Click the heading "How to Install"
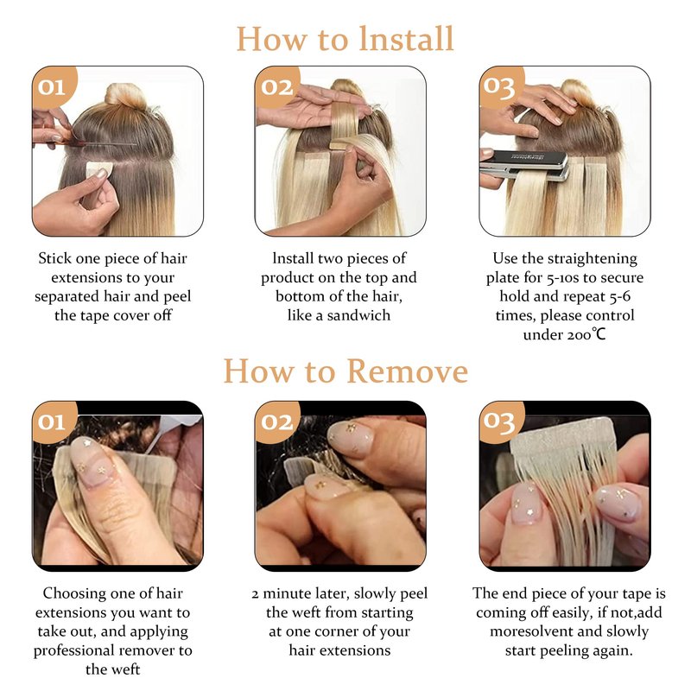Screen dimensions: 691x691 click(345, 39)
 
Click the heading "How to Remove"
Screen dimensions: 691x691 click(345, 371)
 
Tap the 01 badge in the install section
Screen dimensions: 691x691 click(53, 87)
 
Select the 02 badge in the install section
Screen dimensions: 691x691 click(276, 87)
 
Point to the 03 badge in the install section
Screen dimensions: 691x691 click(500, 87)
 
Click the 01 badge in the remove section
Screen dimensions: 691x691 click(53, 422)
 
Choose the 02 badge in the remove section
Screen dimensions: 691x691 click(276, 422)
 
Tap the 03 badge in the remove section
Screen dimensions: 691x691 click(500, 422)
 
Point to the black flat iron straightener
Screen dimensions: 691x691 click(524, 165)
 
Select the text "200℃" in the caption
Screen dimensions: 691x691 click(586, 334)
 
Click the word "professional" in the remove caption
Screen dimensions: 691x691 click(73, 651)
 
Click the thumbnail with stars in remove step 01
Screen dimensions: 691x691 click(92, 461)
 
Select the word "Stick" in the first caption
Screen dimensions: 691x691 click(54, 258)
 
